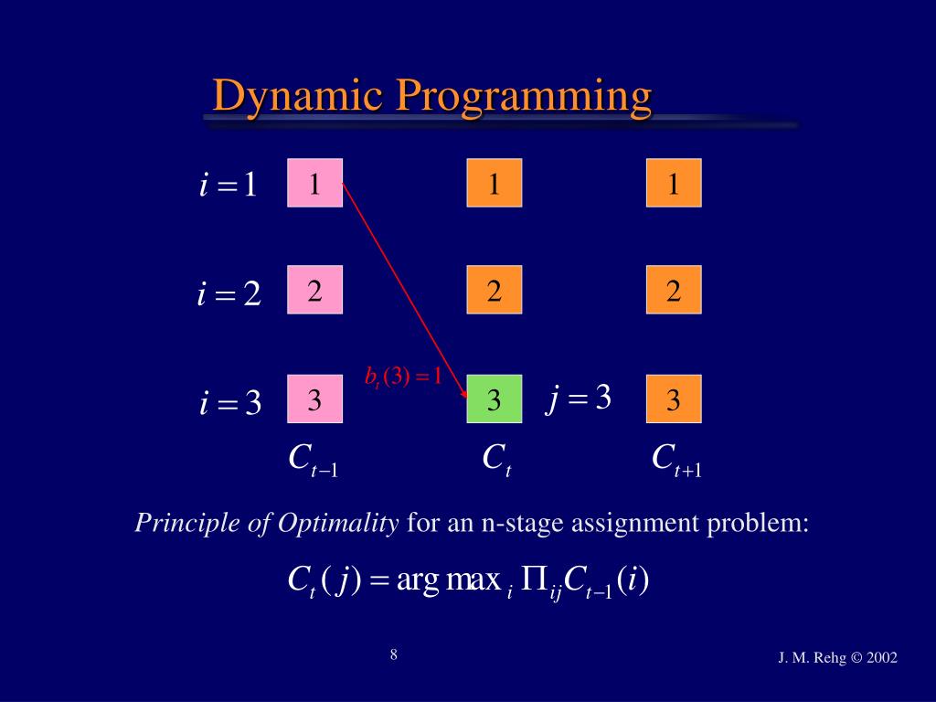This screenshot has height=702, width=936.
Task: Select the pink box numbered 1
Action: tap(314, 183)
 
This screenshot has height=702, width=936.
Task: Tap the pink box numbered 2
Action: tap(314, 291)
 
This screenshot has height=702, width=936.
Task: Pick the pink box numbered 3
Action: tap(314, 399)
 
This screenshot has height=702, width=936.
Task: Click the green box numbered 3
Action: tap(494, 399)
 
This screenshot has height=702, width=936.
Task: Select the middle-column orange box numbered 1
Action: tap(494, 183)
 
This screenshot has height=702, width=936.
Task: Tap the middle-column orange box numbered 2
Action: tap(494, 291)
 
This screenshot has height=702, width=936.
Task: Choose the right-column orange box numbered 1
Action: tap(674, 183)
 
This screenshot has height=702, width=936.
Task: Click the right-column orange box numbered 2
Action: tap(674, 291)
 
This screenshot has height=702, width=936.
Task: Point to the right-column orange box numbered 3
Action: tap(674, 399)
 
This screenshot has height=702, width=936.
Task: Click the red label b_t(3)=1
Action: tap(402, 376)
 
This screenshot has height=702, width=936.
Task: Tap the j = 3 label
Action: tap(579, 399)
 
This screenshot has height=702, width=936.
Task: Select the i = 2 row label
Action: tap(229, 294)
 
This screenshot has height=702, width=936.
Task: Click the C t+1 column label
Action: tap(675, 460)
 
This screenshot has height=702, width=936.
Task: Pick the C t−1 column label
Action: tap(313, 460)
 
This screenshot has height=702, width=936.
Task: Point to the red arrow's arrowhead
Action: tap(464, 393)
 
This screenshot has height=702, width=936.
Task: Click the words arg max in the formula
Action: tap(448, 581)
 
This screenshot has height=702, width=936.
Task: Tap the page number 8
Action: tap(393, 654)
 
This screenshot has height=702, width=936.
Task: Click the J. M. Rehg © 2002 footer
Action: tap(837, 657)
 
